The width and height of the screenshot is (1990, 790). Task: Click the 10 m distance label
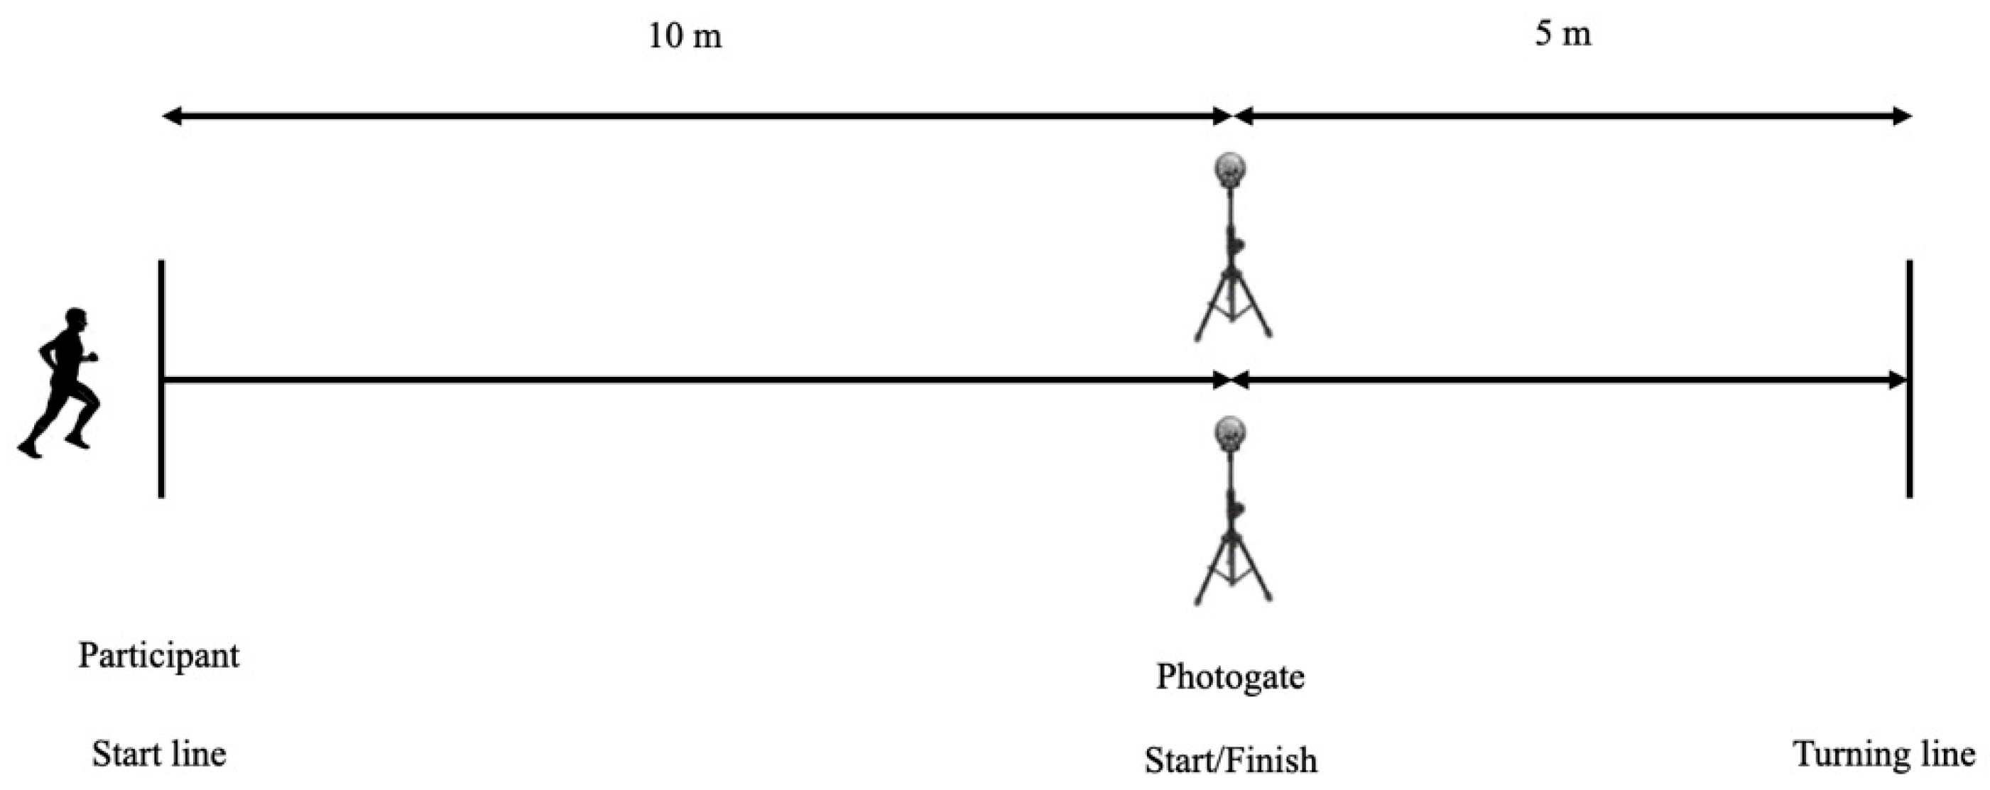click(685, 35)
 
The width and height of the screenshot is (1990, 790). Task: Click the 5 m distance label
click(1562, 34)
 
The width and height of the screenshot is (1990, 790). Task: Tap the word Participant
click(159, 656)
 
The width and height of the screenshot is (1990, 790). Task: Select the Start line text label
click(159, 754)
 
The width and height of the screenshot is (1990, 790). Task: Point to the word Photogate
click(1230, 676)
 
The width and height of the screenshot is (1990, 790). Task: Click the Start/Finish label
click(1230, 760)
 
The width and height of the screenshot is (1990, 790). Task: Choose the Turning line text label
click(1883, 754)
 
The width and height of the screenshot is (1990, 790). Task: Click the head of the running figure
click(76, 319)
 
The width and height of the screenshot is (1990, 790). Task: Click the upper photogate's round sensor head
click(1230, 170)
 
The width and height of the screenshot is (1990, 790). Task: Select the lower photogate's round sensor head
click(1230, 432)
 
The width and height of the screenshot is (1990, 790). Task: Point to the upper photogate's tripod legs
click(1232, 309)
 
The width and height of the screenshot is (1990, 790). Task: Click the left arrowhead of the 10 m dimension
click(171, 116)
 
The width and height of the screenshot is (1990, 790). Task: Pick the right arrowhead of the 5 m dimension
click(1902, 116)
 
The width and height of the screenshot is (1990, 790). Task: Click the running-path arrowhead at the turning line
click(1897, 380)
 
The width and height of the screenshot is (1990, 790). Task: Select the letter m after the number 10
click(706, 37)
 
